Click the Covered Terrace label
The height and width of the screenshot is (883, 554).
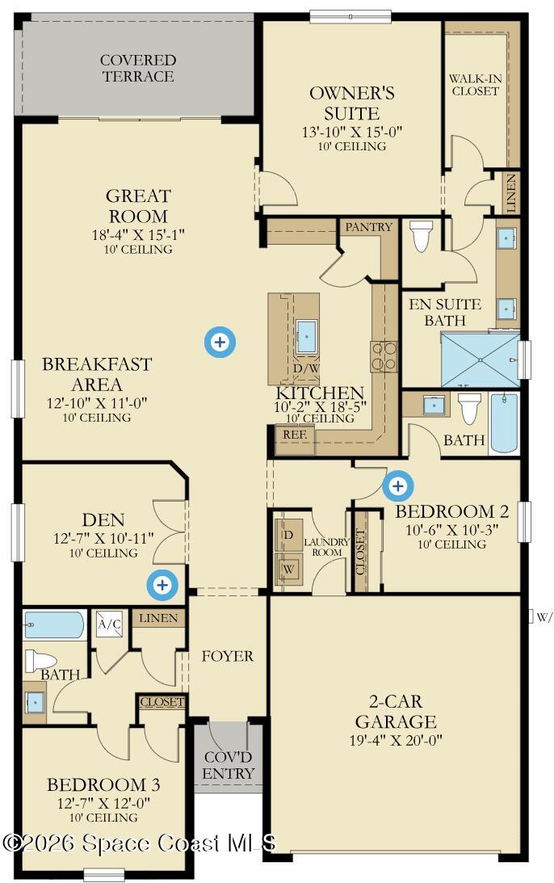coord(138,68)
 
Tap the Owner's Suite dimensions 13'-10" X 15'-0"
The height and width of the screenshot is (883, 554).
coord(352,132)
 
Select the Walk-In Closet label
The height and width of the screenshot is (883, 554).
coord(475,85)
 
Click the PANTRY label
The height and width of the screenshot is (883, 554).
coord(368,227)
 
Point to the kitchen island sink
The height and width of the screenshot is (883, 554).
coord(306,336)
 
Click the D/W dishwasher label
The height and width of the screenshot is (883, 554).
coord(307,368)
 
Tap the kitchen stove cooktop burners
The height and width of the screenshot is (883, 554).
coord(384,357)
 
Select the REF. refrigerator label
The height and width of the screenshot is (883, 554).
coord(295,435)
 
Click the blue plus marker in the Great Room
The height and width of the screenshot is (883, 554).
coord(220,341)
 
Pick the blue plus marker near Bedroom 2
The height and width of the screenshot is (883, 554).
coord(398,486)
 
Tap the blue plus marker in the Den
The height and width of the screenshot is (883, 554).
coord(162,585)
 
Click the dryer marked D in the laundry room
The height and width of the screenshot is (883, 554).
coord(288,535)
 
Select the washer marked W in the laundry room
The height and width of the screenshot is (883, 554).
coord(288,569)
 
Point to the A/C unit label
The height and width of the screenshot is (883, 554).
coord(109,624)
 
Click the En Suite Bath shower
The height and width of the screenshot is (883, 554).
coord(481,360)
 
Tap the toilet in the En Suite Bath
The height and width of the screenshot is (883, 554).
coord(421,235)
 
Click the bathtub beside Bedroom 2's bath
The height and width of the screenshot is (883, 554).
coord(505,423)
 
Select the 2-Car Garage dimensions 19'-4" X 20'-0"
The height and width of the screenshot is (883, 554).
coord(396,740)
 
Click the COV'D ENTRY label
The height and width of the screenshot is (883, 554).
coord(228,765)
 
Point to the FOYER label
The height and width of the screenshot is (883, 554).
coord(228,656)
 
